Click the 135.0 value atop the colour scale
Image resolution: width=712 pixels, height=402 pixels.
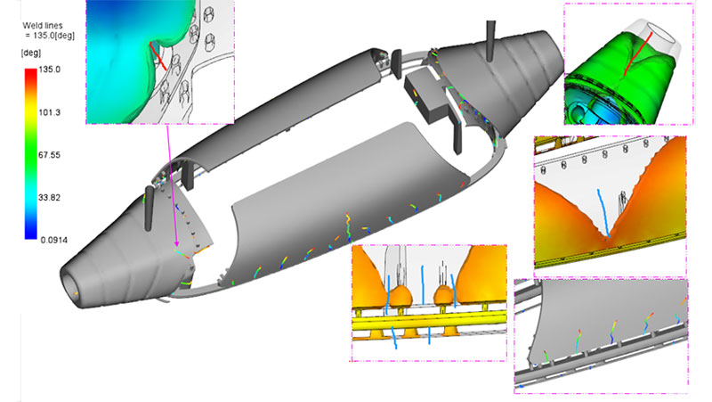pyautogui.click(x=49, y=70)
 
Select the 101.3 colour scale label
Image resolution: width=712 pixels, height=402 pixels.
pyautogui.click(x=49, y=112)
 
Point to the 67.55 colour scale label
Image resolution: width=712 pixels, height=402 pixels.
pyautogui.click(x=49, y=155)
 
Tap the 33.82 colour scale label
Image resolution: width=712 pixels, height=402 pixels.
pyautogui.click(x=49, y=197)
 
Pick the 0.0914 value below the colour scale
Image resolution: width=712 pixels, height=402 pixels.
pyautogui.click(x=54, y=240)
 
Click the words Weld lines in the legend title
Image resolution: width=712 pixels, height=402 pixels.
pyautogui.click(x=43, y=26)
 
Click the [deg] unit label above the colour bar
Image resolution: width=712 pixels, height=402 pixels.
pyautogui.click(x=31, y=53)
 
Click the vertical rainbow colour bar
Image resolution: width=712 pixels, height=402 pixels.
pyautogui.click(x=31, y=153)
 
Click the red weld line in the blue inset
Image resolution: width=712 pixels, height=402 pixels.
pyautogui.click(x=158, y=56)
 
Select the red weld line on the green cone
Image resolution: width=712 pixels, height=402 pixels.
pyautogui.click(x=638, y=54)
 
